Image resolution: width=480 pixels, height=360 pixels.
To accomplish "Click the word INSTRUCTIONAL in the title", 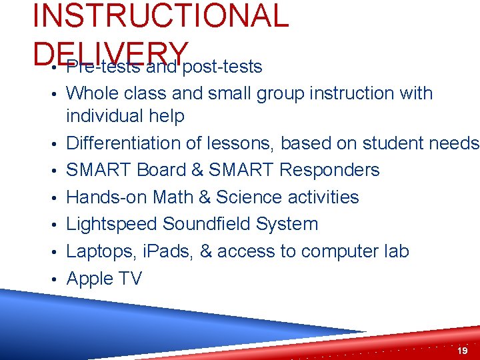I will click(x=160, y=16).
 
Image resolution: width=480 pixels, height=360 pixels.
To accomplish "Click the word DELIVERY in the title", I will click(x=110, y=49).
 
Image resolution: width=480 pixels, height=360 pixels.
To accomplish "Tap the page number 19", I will click(x=463, y=350).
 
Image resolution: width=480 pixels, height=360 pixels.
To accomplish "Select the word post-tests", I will click(x=222, y=67).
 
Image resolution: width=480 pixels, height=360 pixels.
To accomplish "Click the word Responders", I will click(x=329, y=171).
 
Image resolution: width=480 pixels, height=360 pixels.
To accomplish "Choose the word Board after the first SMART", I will click(x=161, y=171).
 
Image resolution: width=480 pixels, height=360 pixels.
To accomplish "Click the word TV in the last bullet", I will click(x=130, y=279).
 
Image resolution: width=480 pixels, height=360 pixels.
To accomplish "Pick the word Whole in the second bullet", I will click(x=93, y=93).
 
